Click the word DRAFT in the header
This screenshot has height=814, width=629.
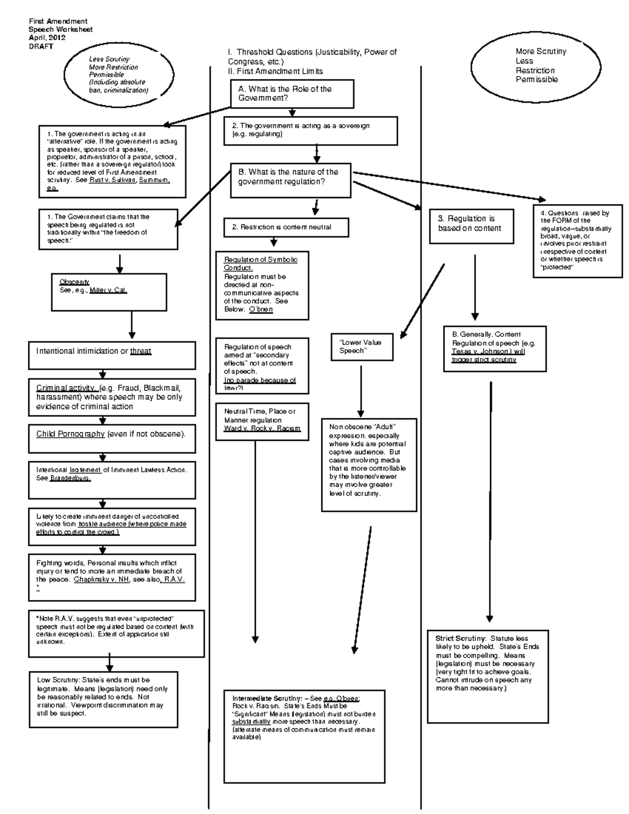(41, 46)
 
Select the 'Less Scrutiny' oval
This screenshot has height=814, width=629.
(119, 75)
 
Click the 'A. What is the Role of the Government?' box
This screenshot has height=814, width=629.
(292, 94)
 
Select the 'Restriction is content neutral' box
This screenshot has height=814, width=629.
(286, 227)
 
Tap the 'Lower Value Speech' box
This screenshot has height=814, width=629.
(362, 346)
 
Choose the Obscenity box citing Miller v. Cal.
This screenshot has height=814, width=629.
(94, 291)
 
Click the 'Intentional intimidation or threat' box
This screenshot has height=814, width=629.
(112, 355)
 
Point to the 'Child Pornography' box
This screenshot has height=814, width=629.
(112, 438)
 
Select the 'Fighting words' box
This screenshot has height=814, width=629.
(112, 577)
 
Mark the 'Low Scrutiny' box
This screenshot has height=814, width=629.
(103, 699)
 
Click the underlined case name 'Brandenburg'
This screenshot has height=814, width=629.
(70, 479)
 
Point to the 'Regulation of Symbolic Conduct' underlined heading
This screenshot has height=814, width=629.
(261, 264)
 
